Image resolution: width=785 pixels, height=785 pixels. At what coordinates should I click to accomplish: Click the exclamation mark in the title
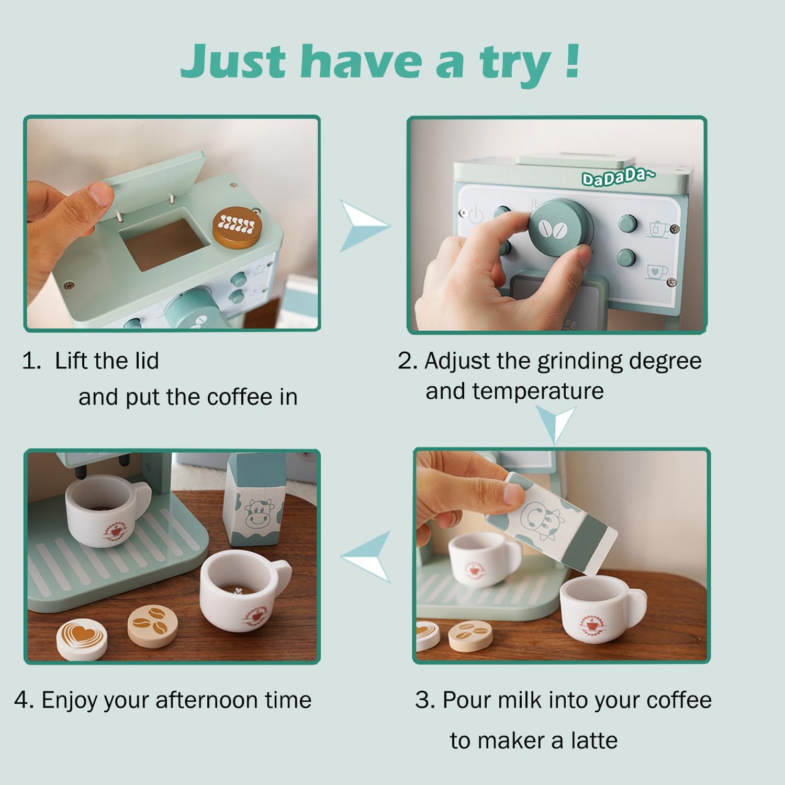[573, 61]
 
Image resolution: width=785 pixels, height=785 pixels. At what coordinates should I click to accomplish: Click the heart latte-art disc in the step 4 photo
[82, 640]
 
